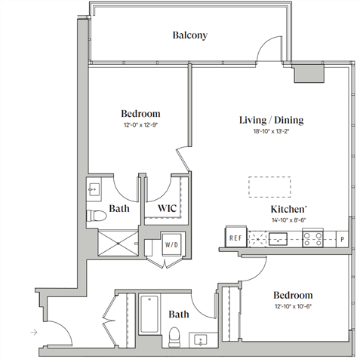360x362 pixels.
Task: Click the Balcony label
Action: coord(189,35)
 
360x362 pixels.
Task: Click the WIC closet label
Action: coord(168,208)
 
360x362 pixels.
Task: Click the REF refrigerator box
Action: coord(235,239)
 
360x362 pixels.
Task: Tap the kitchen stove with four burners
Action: coord(312,239)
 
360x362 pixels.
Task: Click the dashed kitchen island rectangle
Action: coord(269,186)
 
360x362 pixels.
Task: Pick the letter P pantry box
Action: coord(343,240)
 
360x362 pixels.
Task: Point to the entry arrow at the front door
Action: coord(33,331)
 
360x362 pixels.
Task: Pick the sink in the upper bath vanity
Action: coord(96,189)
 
